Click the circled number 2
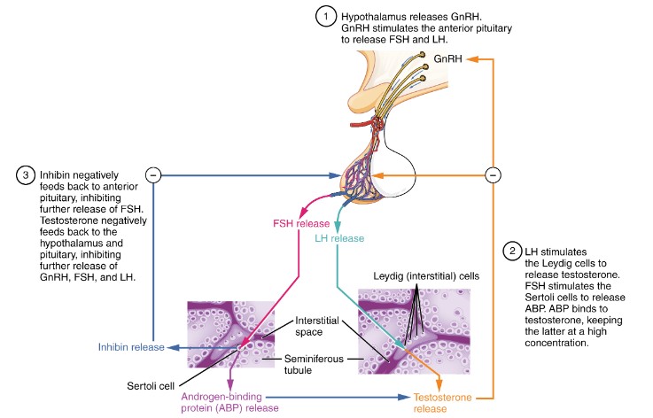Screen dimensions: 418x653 pos(512,251)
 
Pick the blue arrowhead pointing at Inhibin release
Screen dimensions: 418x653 pos(171,347)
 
